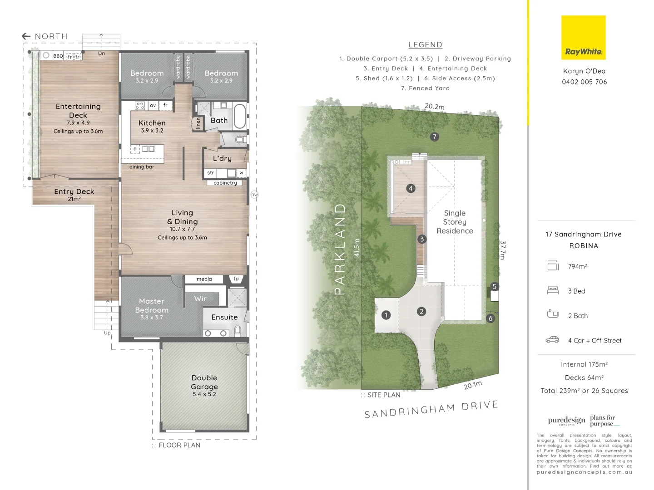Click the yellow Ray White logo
click(583, 38)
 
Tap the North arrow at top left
click(26, 36)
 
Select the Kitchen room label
click(152, 123)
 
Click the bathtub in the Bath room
click(239, 116)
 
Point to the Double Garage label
click(204, 382)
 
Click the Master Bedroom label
click(152, 305)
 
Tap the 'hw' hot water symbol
click(254, 194)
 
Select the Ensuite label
click(224, 317)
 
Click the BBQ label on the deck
click(58, 56)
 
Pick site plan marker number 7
click(435, 137)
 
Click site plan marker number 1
click(386, 315)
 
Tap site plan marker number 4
click(411, 188)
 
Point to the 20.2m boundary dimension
click(434, 106)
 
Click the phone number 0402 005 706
click(584, 82)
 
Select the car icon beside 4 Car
click(552, 340)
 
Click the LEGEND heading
click(425, 45)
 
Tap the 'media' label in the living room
click(204, 279)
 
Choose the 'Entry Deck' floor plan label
click(74, 191)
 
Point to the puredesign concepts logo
click(566, 421)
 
